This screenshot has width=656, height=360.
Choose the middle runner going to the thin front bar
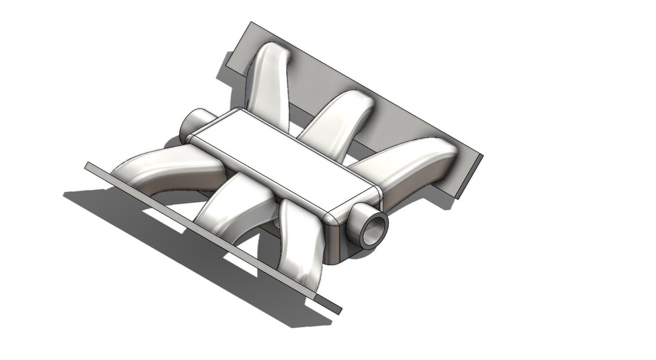(x=232, y=205)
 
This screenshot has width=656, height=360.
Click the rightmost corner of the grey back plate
(x=482, y=156)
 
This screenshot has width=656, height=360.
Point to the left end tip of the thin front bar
(x=87, y=165)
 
